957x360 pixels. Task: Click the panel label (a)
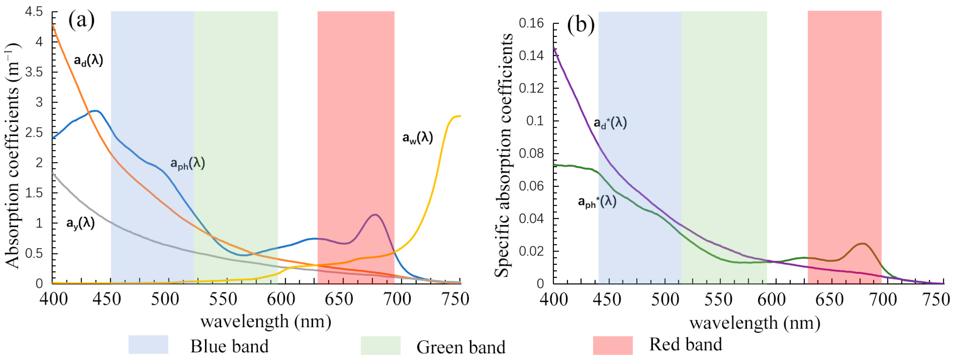81,21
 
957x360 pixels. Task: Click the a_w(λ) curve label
418,138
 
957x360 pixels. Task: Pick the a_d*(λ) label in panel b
610,123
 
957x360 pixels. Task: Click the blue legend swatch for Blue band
148,344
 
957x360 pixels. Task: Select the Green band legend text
461,347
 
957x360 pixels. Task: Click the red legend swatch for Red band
613,345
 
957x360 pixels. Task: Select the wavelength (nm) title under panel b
755,323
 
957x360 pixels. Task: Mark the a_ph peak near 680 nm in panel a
375,214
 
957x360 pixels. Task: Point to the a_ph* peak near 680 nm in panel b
863,243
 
